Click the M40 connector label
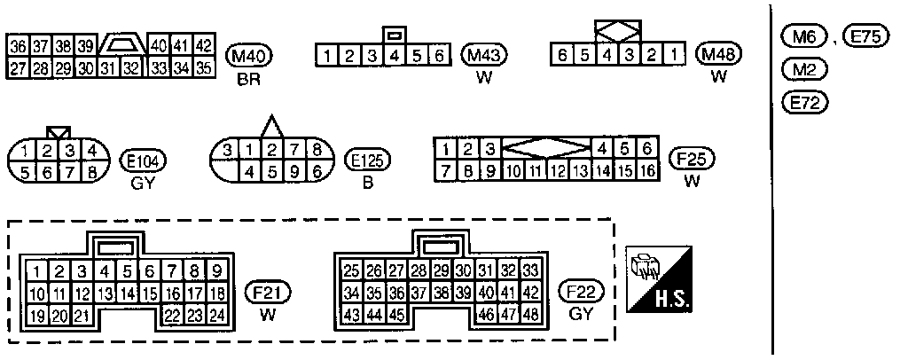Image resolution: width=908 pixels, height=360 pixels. point(246,55)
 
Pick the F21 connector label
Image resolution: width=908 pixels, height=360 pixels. point(267,292)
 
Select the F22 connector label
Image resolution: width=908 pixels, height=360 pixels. point(581,292)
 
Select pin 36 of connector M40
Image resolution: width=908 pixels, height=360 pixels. point(17,46)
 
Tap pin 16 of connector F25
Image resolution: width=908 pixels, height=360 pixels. point(647,170)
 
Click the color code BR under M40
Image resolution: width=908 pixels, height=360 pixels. point(246,78)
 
